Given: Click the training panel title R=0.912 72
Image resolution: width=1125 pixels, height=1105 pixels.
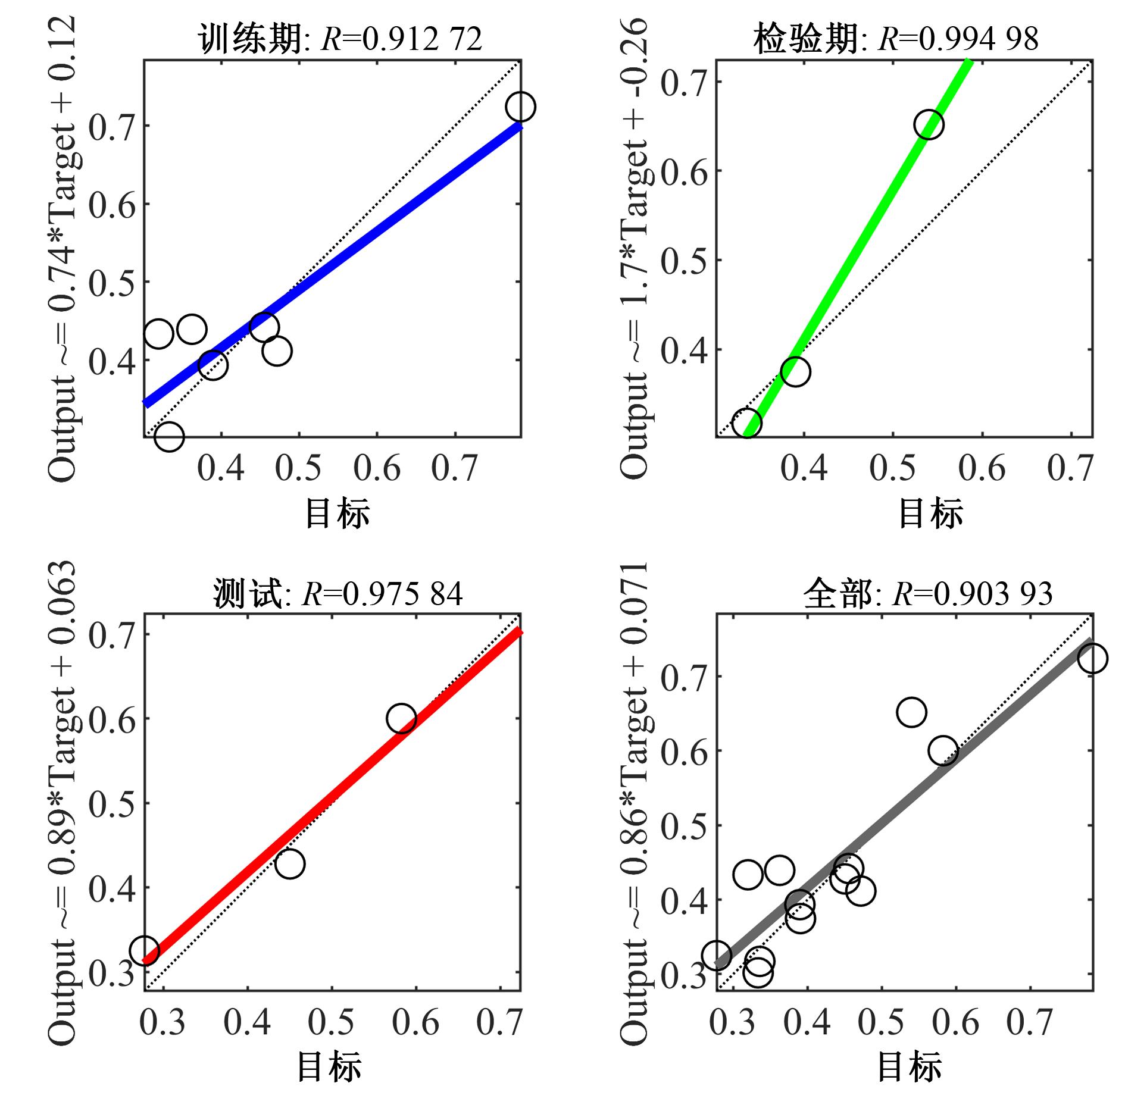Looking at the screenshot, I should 340,39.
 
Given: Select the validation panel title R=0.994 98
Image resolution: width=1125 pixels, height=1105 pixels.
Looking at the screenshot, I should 896,39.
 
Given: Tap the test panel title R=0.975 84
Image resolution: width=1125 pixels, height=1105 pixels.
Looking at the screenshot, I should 338,593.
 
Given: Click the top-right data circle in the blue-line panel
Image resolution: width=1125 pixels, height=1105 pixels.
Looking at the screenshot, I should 521,107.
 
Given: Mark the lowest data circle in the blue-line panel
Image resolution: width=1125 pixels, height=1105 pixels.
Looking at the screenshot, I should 169,437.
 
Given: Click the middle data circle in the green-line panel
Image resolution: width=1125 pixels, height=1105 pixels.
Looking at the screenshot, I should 795,372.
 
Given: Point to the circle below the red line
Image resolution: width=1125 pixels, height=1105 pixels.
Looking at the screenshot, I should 290,863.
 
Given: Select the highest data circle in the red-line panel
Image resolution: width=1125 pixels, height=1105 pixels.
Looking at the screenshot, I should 401,719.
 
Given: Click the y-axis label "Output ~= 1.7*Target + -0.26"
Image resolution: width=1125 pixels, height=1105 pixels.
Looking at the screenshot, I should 633,250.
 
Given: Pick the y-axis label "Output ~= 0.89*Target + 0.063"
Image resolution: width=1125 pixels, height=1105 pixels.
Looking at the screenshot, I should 62,803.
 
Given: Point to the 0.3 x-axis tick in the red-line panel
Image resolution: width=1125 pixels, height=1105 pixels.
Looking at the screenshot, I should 163,1022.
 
